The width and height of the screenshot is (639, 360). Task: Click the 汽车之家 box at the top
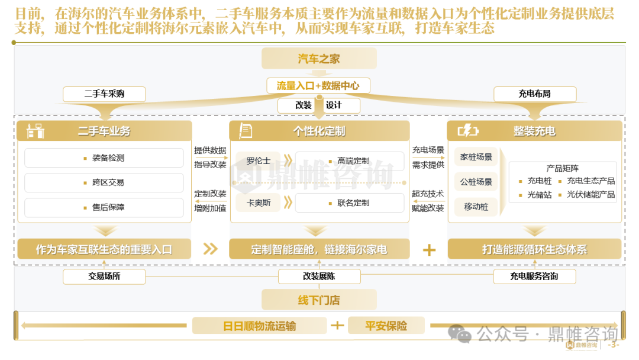[319, 59]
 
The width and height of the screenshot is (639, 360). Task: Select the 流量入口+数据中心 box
[318, 86]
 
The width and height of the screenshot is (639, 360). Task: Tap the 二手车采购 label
[104, 94]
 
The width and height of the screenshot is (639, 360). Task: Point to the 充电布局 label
[534, 94]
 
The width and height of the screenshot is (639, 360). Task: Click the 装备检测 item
[104, 158]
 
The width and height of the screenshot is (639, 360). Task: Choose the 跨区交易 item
[104, 183]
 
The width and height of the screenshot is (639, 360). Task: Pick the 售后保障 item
[104, 207]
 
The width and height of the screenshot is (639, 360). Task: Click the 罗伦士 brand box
[258, 160]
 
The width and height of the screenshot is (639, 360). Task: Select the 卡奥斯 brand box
[258, 202]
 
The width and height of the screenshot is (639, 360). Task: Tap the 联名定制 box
[350, 202]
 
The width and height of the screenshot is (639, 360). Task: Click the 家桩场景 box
[476, 157]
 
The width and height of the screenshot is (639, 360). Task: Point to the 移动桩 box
[476, 207]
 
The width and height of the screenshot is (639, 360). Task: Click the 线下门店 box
[319, 300]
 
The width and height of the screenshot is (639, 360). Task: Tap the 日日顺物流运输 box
[259, 326]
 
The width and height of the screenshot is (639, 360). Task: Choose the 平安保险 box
[386, 326]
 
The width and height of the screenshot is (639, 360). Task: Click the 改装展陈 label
[319, 276]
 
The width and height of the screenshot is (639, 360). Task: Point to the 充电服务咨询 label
[534, 276]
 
